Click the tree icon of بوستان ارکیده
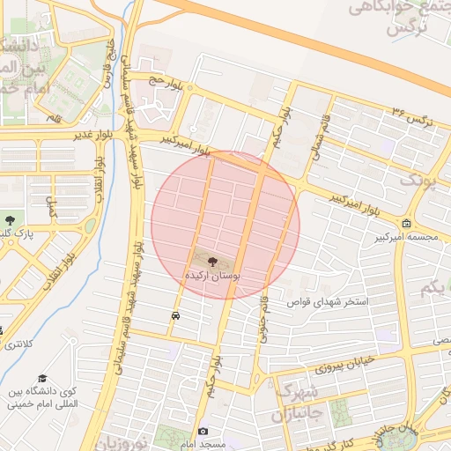pos(211,260)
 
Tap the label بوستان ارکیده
pos(211,275)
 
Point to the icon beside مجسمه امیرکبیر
pos(405,223)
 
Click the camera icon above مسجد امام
pos(203,431)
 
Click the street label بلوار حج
pos(165,84)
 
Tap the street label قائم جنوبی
pos(262,317)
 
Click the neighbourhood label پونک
pos(418,179)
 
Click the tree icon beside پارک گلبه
pos(10,218)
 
